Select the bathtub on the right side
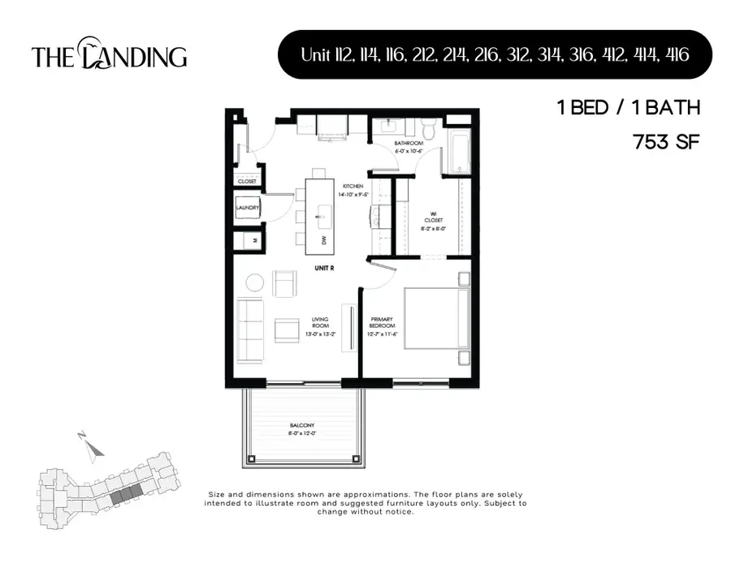457,147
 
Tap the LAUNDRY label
248,208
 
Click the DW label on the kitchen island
323,240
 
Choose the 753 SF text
665,142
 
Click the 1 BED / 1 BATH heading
628,108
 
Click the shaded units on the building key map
125,495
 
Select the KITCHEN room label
353,186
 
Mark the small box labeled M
254,241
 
